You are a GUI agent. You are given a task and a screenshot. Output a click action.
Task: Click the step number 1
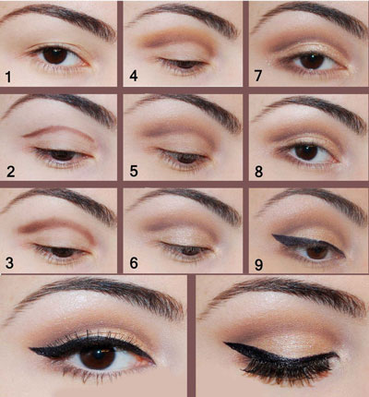point(8,77)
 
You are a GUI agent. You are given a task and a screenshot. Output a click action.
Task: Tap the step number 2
point(9,171)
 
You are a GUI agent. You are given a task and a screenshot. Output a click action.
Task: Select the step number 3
point(9,264)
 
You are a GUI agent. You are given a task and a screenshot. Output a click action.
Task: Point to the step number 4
point(134,77)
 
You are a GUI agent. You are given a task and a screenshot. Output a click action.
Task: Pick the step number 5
point(134,171)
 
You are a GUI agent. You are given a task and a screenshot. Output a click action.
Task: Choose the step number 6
point(134,264)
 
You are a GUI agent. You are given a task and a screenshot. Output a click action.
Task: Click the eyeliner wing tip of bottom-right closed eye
point(223,344)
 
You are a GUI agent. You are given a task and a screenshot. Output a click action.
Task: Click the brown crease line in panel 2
point(55,131)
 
